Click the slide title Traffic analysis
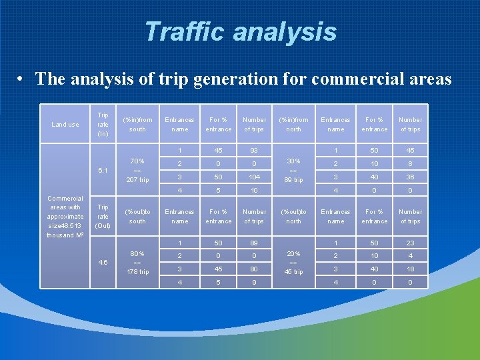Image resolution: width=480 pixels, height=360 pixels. [240, 31]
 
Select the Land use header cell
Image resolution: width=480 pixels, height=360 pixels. [65, 125]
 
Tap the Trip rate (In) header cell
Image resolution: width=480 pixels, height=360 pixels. [103, 125]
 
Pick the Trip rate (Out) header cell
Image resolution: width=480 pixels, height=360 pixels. [103, 217]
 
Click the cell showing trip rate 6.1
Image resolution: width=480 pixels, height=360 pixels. [103, 171]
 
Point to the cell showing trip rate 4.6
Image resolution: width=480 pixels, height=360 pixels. [103, 263]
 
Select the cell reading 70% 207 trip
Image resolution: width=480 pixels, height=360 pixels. [137, 171]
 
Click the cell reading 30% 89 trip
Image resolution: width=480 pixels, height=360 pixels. [293, 171]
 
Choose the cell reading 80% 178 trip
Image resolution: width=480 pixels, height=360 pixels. [137, 263]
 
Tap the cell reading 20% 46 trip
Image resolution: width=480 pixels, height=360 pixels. [293, 263]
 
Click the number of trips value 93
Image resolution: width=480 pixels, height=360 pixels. [254, 151]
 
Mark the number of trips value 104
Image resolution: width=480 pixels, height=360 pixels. [254, 177]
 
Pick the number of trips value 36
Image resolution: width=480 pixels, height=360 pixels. [410, 177]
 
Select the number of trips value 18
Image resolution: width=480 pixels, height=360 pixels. [410, 269]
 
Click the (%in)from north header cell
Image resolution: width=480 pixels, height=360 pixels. [293, 125]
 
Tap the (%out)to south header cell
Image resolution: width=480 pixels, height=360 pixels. [137, 217]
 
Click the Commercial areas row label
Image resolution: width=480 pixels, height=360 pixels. [65, 217]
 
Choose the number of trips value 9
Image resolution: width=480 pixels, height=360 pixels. [254, 283]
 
